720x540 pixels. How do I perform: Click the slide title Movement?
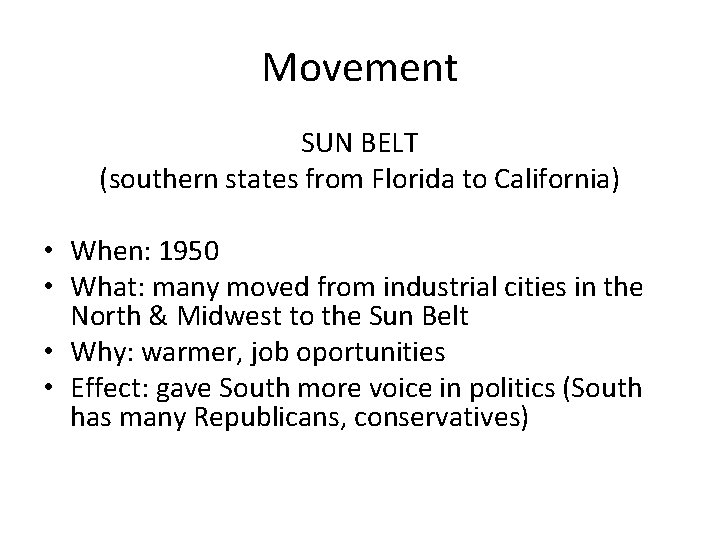pyautogui.click(x=359, y=69)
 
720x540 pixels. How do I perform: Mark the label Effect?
pyautogui.click(x=105, y=389)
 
